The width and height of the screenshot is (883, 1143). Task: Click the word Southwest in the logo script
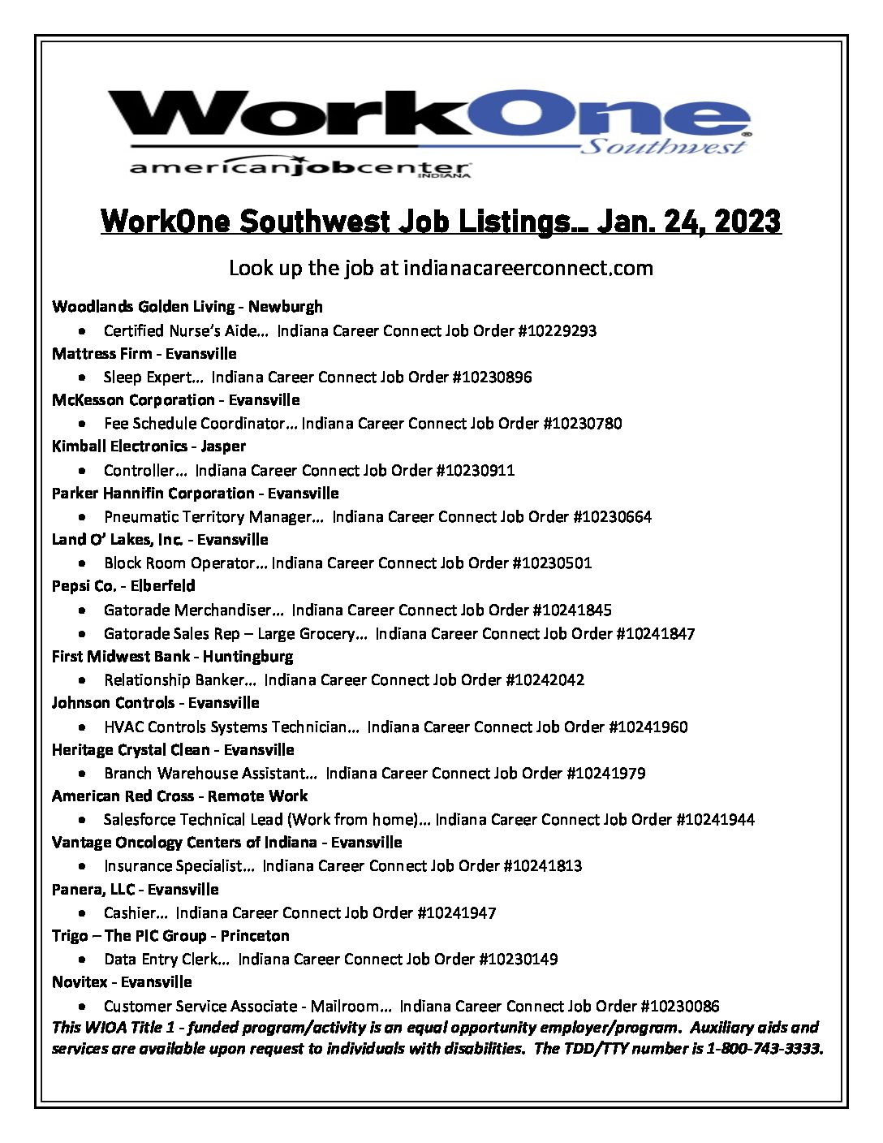(663, 146)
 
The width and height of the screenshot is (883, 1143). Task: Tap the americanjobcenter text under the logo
(299, 167)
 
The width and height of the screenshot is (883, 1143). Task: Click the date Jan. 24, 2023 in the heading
(688, 221)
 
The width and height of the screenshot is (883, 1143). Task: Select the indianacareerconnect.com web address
(528, 268)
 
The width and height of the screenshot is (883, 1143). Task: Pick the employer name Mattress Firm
(101, 353)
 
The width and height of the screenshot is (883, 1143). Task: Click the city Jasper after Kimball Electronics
(223, 446)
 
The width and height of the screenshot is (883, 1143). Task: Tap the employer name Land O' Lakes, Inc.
(117, 539)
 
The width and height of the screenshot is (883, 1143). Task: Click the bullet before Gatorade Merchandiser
(84, 610)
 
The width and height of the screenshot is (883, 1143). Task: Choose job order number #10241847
(655, 633)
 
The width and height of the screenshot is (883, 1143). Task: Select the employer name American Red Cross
(123, 796)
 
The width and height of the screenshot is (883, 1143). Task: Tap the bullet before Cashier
(84, 913)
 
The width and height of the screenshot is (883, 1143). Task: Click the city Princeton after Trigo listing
(255, 935)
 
